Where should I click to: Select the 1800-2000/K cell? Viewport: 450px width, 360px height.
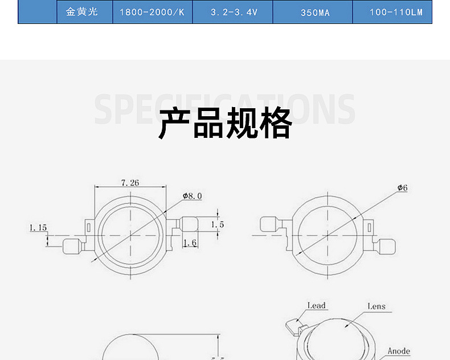[152, 12]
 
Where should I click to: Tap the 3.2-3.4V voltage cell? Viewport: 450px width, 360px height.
[232, 12]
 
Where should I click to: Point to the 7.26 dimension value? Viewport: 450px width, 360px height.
[130, 183]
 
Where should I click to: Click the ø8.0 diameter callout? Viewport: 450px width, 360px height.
[193, 196]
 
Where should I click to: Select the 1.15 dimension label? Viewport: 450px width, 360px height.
[38, 228]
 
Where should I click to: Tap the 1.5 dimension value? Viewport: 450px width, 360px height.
[217, 224]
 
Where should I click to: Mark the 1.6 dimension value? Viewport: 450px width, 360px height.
[190, 243]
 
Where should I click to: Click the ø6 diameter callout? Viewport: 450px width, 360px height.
[402, 187]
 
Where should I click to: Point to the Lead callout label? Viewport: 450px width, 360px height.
[316, 306]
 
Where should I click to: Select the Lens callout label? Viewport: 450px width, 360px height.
[376, 306]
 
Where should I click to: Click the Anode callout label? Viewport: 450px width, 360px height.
[399, 351]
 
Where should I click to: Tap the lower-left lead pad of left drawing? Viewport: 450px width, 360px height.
[71, 247]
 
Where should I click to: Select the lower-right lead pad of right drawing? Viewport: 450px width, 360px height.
[387, 246]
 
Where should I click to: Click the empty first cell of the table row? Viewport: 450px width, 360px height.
[38, 12]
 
